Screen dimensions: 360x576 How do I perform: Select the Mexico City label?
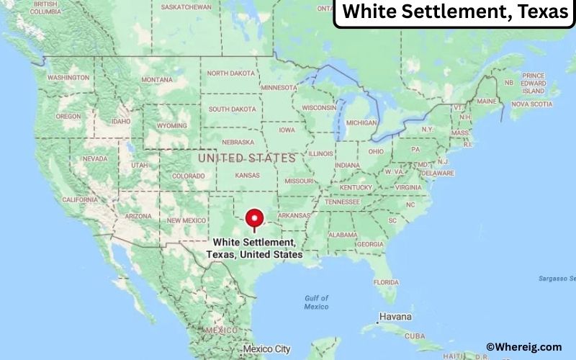pos(266,349)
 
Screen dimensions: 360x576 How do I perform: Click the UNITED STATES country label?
pos(246,158)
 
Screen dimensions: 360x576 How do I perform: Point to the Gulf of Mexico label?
pos(316,302)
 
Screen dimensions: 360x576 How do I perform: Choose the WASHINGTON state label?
pos(68,77)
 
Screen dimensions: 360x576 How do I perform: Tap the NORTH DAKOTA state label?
pos(232,73)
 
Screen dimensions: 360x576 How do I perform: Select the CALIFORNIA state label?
pos(79,199)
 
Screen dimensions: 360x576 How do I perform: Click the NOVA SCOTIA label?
pos(531,104)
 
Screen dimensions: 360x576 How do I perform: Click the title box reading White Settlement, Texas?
pos(454,12)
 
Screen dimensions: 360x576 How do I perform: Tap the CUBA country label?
pos(436,336)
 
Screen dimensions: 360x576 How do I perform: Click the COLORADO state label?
pos(188,176)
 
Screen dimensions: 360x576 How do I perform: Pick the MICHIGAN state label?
pos(361,123)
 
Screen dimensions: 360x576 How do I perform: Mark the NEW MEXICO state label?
pos(186,220)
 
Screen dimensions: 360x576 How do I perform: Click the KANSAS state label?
pos(247,176)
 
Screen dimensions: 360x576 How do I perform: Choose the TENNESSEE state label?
pos(342,202)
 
